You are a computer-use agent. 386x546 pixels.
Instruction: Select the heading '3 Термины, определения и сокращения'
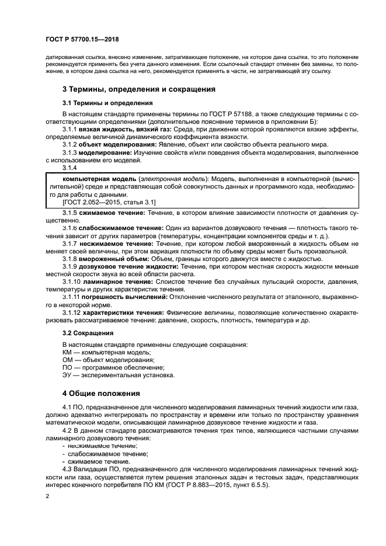click(139, 90)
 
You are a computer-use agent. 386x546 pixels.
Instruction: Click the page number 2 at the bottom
click(46, 496)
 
